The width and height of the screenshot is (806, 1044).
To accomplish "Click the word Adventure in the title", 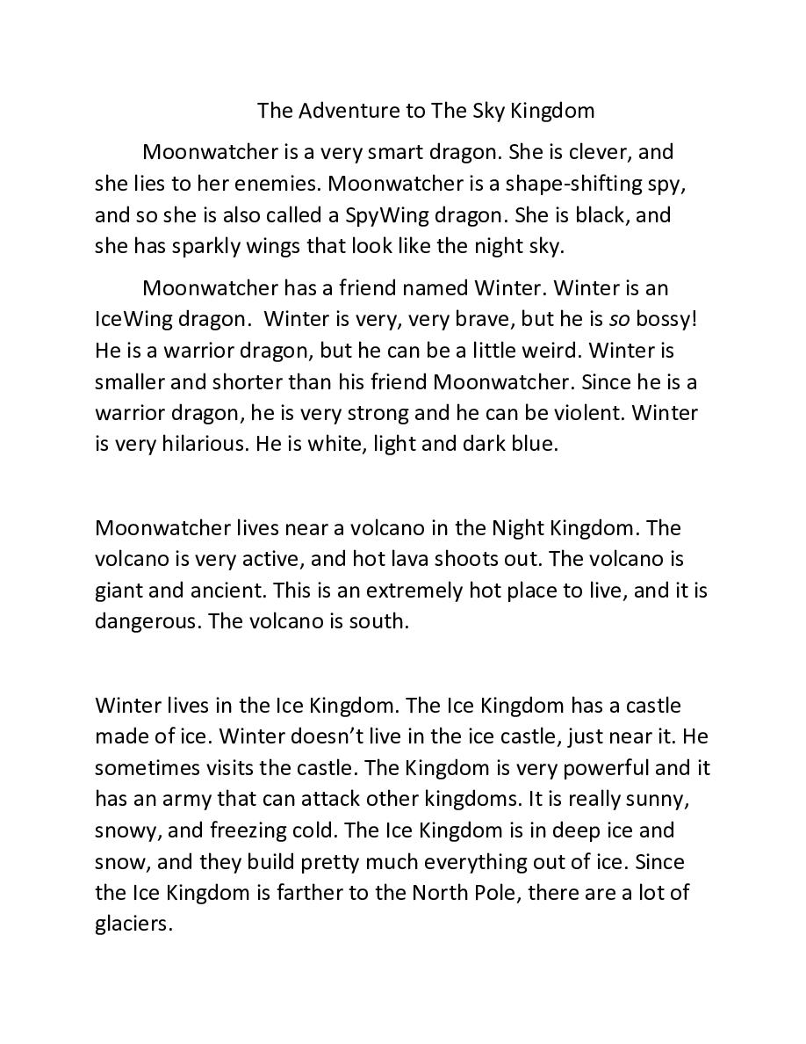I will pyautogui.click(x=337, y=111).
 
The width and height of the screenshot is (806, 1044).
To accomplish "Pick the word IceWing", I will pyautogui.click(x=132, y=319).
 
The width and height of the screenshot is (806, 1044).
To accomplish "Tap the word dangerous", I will pyautogui.click(x=141, y=622).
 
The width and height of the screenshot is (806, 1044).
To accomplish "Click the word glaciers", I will pyautogui.click(x=133, y=924).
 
